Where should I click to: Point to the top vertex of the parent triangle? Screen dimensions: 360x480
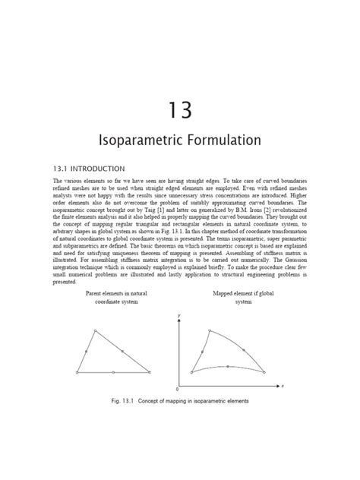[94, 330]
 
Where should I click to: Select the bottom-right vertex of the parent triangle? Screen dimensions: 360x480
[150, 372]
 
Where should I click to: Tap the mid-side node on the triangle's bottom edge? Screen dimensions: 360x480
[113, 372]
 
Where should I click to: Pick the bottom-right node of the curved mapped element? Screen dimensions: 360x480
[263, 372]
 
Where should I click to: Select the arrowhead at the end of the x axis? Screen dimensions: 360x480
[277, 385]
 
